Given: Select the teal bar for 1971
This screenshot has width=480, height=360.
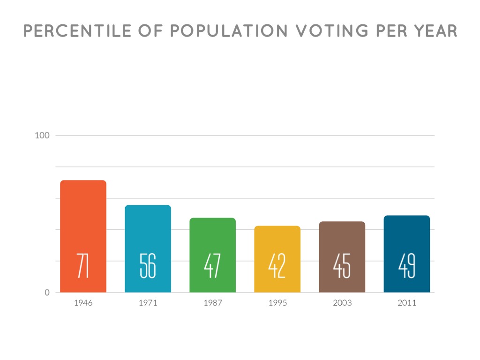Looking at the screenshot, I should (x=148, y=230).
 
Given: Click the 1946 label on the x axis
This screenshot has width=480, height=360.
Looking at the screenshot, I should (x=83, y=303).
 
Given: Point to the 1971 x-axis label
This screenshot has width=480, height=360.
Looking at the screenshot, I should (x=148, y=303).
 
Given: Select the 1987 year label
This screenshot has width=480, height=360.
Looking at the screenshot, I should (x=212, y=303).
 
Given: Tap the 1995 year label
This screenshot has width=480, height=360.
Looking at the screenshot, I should (x=277, y=303).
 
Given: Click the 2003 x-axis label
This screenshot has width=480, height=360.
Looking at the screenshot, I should (x=342, y=303).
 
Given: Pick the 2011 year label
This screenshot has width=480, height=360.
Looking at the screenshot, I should (x=406, y=303).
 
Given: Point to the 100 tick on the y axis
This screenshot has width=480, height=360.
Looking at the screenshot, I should (x=42, y=135).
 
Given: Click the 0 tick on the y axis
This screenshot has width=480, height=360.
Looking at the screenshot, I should (x=47, y=292).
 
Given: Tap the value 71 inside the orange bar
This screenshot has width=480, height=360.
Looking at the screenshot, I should (x=83, y=266).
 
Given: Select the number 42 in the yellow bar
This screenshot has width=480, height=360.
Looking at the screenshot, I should (x=277, y=266).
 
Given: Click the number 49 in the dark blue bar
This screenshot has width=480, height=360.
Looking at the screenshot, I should (x=406, y=266).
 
